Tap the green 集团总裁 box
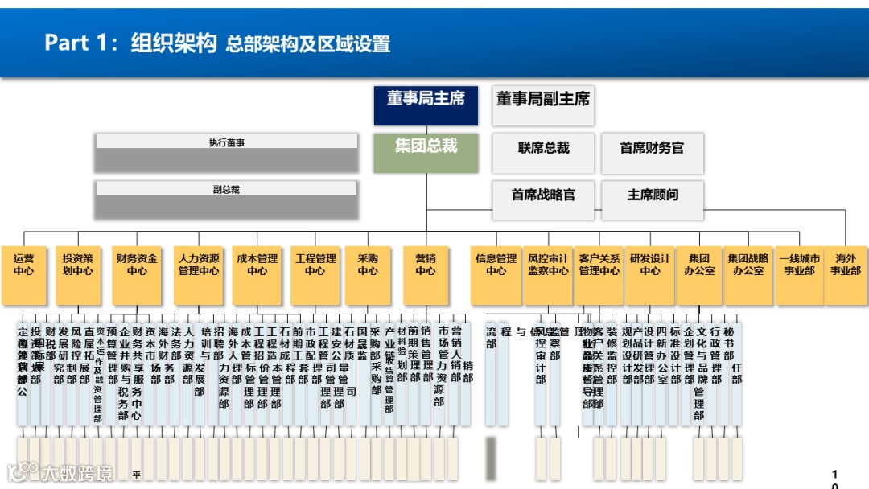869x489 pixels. click(426, 153)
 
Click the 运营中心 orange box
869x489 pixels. click(24, 274)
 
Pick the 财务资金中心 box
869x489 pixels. click(137, 274)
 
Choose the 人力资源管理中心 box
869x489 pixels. click(199, 274)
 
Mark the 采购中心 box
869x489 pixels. click(368, 274)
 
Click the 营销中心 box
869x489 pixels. click(426, 274)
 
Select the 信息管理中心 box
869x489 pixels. click(496, 274)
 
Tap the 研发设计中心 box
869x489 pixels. click(650, 274)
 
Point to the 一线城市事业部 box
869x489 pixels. click(799, 274)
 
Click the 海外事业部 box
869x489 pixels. click(846, 274)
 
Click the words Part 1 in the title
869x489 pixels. click(81, 43)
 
